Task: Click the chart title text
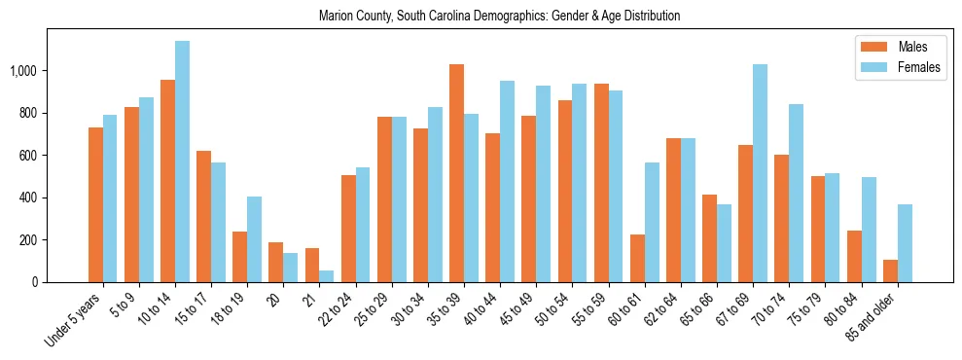point(499,17)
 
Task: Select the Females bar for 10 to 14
point(182,162)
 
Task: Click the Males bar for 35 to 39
point(456,173)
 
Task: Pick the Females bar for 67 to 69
point(760,173)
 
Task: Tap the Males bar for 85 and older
point(890,271)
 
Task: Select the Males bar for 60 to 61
point(637,258)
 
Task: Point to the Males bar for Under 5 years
point(95,204)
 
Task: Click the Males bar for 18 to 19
point(239,257)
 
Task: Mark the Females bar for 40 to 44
point(507,181)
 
